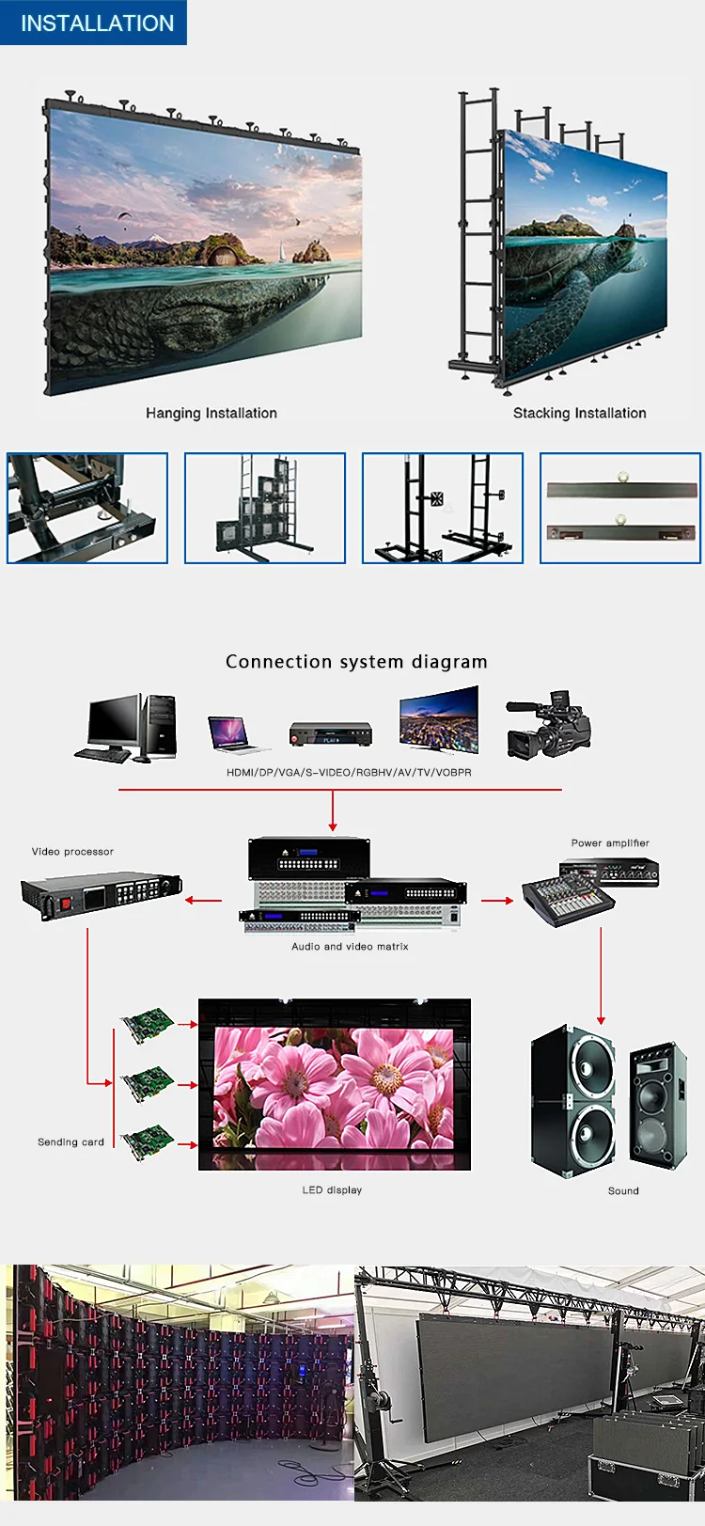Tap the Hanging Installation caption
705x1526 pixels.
point(211,413)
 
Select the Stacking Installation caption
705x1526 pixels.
point(579,413)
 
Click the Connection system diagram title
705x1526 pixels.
point(356,662)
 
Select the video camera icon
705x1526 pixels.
point(548,725)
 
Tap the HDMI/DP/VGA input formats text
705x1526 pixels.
point(349,772)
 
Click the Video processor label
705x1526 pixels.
point(72,852)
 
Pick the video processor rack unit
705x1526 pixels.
point(101,893)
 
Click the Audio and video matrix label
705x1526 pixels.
point(350,947)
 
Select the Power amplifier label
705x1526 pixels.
point(610,843)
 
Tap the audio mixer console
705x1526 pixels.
point(568,901)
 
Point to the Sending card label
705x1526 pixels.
point(70,1142)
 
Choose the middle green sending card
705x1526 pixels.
point(148,1082)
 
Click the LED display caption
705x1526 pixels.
point(332,1190)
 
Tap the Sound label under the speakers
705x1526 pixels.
point(623,1191)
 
